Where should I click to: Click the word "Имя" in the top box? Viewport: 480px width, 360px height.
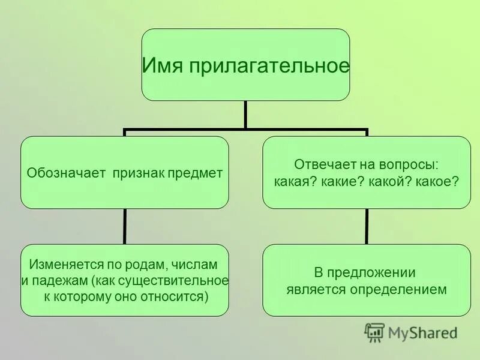tap(164, 65)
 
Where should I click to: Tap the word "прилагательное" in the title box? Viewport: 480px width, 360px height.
tap(269, 65)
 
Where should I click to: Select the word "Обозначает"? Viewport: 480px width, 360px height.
tap(65, 173)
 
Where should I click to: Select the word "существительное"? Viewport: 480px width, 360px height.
tap(174, 281)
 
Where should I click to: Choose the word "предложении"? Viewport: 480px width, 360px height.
tap(379, 273)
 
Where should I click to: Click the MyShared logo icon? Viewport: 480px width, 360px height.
tap(374, 332)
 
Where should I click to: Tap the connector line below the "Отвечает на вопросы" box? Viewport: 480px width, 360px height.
tap(367, 226)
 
